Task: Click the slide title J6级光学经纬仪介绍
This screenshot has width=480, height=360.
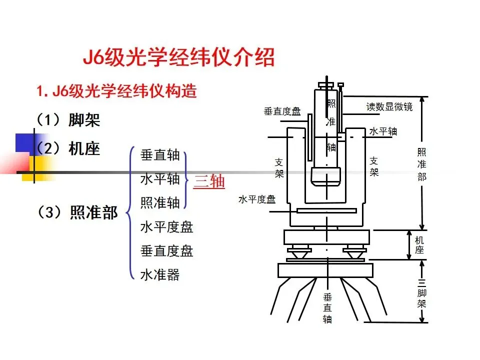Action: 178,57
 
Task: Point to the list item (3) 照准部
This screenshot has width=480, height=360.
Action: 77,212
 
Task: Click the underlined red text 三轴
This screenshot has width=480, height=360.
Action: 209,181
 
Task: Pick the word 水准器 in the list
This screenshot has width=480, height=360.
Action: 160,274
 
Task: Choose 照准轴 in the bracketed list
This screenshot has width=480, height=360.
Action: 160,202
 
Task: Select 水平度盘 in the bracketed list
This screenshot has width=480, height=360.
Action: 166,227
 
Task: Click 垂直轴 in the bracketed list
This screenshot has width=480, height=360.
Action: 160,155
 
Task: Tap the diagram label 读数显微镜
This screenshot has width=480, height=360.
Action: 389,106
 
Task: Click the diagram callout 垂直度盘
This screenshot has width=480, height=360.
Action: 282,111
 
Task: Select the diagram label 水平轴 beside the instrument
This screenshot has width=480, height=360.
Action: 383,131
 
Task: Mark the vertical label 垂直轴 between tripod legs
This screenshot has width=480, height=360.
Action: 327,308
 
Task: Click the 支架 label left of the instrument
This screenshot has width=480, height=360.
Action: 279,168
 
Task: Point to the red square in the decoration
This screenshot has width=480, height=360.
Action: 15,162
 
